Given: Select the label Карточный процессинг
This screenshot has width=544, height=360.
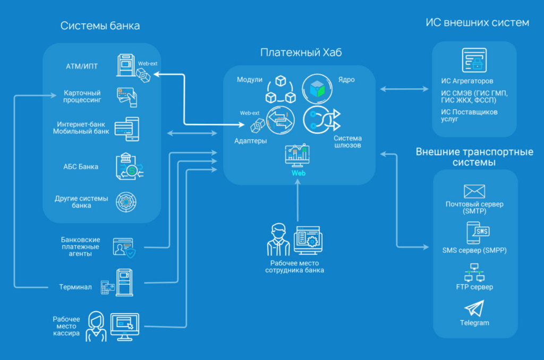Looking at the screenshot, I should click(82, 96).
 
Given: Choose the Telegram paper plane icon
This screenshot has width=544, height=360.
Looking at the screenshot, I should click(474, 308).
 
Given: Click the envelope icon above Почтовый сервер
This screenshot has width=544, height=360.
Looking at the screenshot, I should click(474, 192).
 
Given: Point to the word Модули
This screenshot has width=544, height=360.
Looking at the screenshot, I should click(250, 80).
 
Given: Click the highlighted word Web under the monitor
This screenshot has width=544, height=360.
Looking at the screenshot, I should click(298, 174).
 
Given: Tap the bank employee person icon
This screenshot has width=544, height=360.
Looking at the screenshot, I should click(277, 240).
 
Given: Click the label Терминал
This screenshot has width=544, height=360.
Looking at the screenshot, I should click(75, 287).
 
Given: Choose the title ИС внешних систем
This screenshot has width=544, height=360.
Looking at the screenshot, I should click(477, 23).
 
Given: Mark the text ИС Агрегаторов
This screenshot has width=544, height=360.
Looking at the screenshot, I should click(467, 81).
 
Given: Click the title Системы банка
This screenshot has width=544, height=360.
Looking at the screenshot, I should click(100, 26).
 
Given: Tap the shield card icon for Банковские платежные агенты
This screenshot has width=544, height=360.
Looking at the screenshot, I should click(123, 247).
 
